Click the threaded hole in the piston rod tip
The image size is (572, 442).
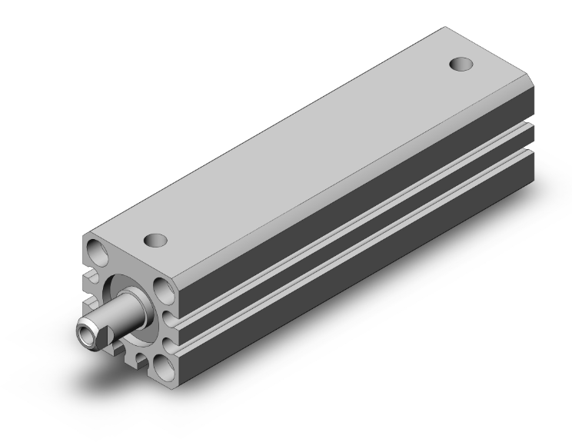coord(88,334)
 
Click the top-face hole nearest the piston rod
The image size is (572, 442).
coord(156,240)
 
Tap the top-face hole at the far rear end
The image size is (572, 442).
coord(460,63)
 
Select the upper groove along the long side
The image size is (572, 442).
coord(346,200)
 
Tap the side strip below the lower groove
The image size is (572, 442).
coord(346,261)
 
